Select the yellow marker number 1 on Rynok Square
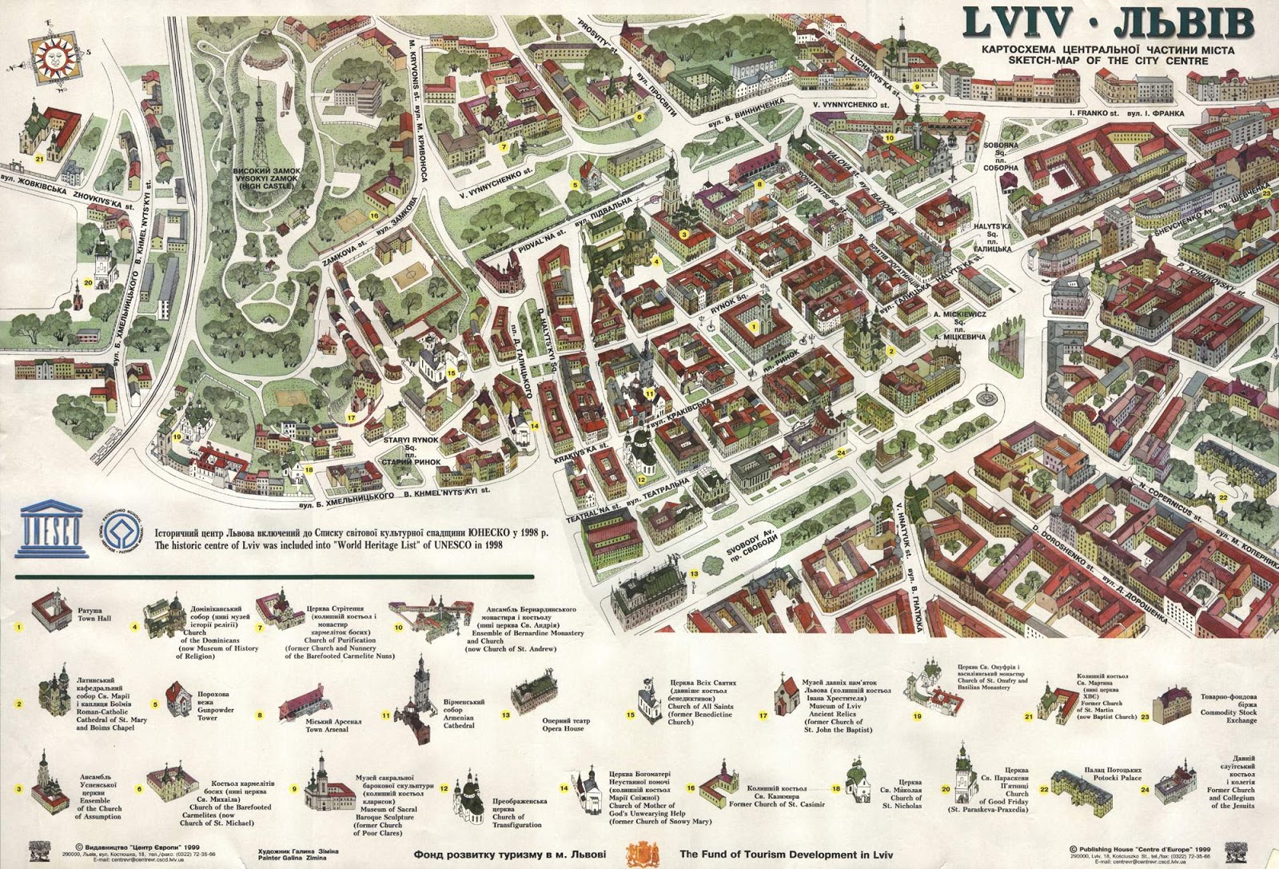754,326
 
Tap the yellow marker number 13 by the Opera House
694,574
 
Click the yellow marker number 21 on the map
38,159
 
